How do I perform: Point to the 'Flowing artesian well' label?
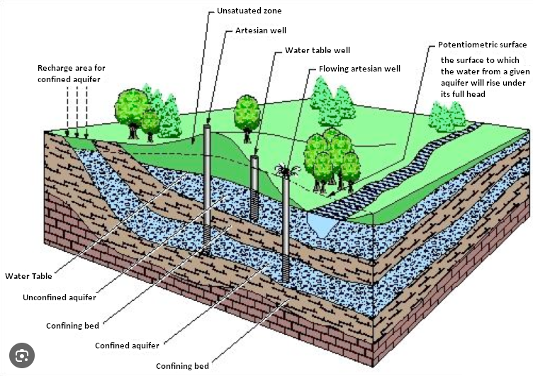[x=359, y=69]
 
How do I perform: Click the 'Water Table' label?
[x=28, y=276]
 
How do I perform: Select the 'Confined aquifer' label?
[x=127, y=346]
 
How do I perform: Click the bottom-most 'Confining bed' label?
[x=183, y=366]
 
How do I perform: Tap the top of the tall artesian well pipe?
[x=207, y=127]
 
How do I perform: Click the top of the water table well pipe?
[x=255, y=159]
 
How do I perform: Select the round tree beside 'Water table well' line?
[x=247, y=113]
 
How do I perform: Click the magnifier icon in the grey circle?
[x=21, y=354]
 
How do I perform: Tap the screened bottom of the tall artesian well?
[x=207, y=238]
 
